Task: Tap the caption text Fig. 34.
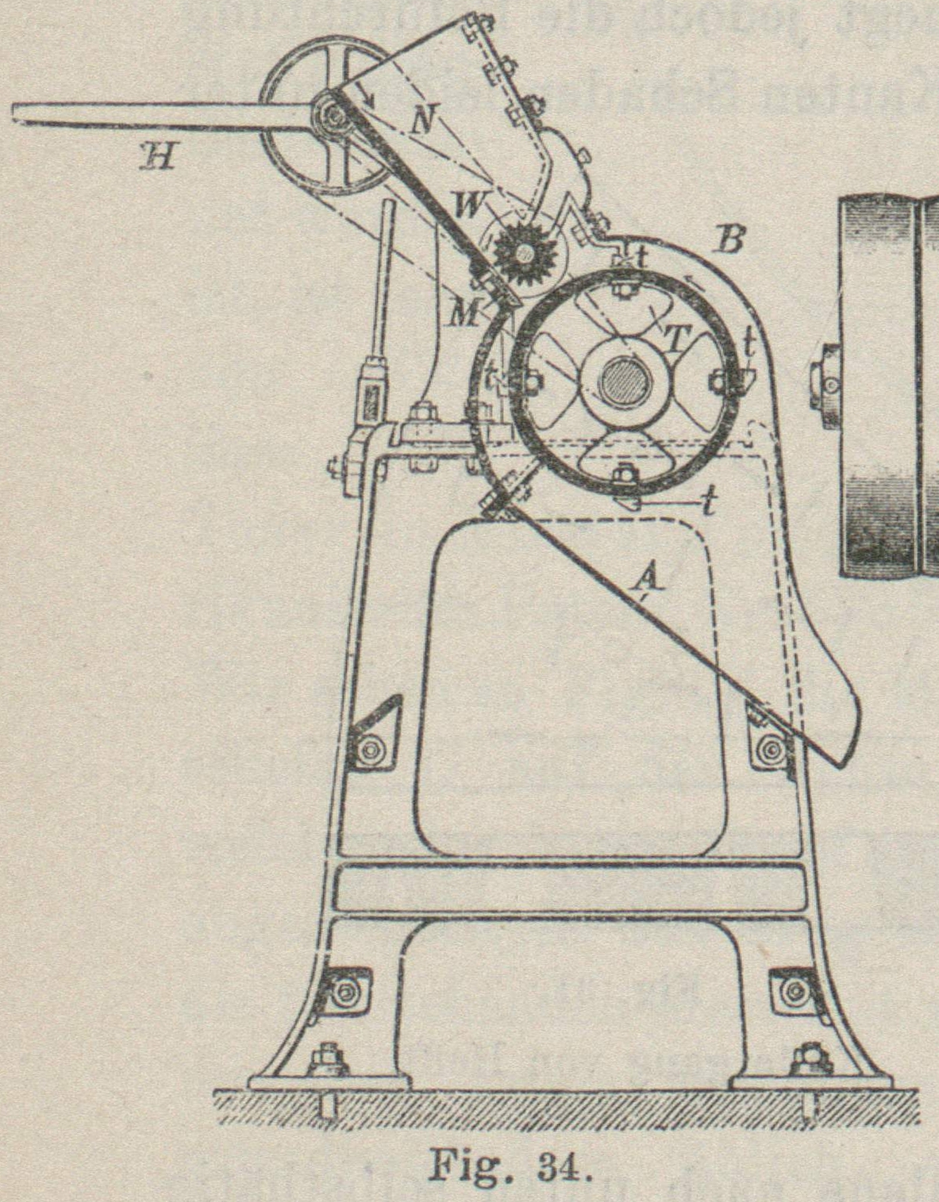(x=508, y=1164)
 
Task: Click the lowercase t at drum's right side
(x=748, y=343)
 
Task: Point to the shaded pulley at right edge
(x=889, y=389)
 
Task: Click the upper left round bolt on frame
(x=367, y=747)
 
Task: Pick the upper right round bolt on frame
(x=768, y=748)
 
